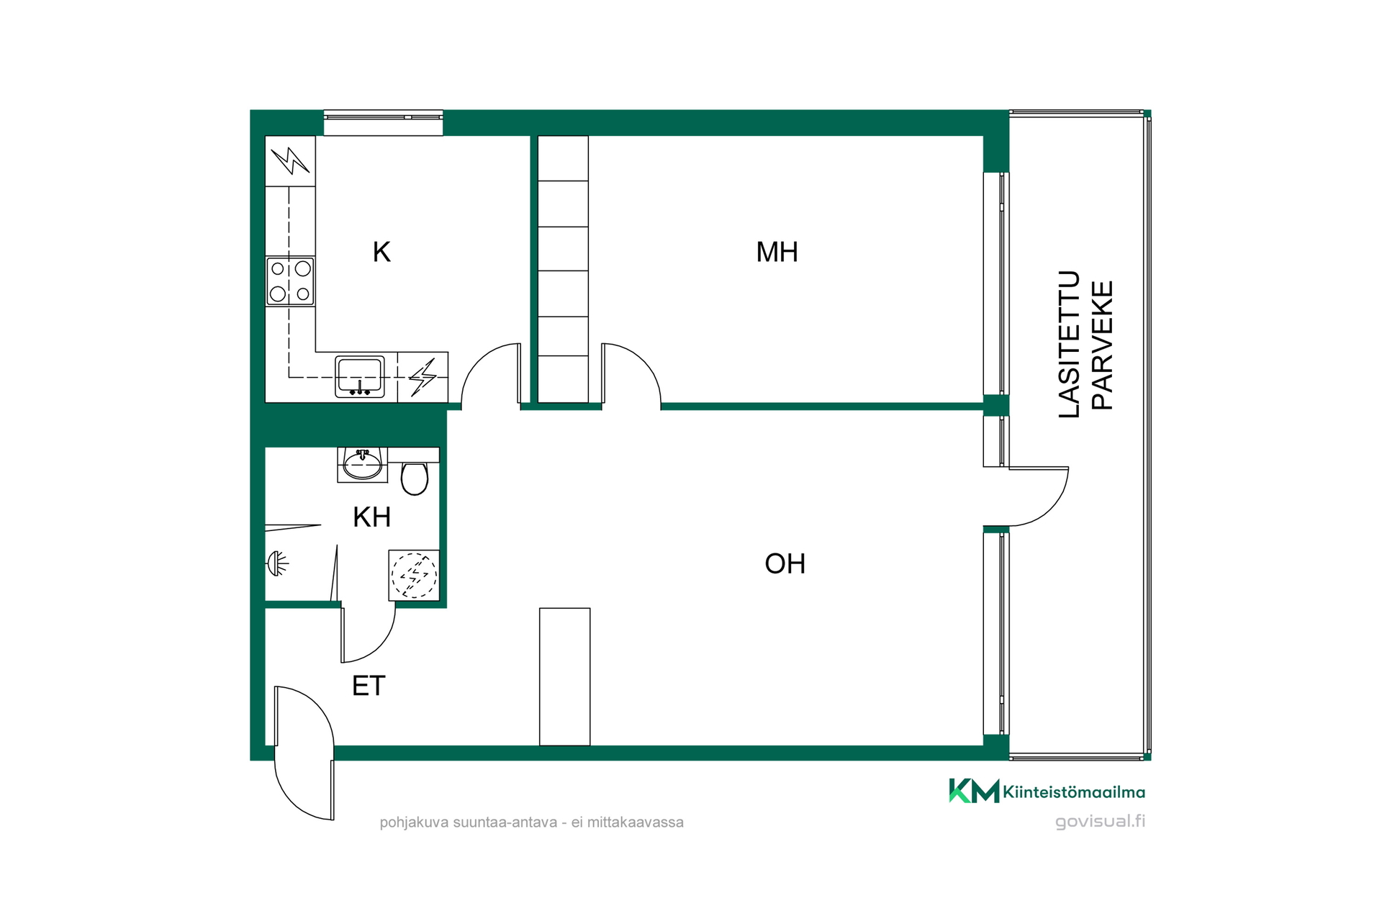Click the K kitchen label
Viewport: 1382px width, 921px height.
(x=381, y=252)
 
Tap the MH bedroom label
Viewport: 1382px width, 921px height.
(x=777, y=252)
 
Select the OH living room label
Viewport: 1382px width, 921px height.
(x=785, y=563)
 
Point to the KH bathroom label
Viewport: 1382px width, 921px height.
(x=371, y=517)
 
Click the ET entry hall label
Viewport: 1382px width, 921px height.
(x=369, y=686)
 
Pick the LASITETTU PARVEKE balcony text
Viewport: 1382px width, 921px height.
(x=1086, y=344)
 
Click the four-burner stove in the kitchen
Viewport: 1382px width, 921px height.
(x=290, y=281)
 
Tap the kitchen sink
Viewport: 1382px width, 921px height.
(x=359, y=376)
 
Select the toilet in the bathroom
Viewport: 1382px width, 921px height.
(x=414, y=478)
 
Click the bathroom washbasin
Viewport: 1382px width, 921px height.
(x=362, y=464)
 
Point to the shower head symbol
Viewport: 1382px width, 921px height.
(x=277, y=563)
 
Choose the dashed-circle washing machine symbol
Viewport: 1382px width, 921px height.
(x=414, y=575)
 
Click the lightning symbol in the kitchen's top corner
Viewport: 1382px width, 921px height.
(x=290, y=160)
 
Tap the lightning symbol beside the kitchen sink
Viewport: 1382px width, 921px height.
(x=423, y=377)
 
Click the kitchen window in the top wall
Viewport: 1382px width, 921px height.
(x=383, y=123)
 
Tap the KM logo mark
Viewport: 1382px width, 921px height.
(x=974, y=791)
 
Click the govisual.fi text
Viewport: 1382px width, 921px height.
(x=1100, y=822)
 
